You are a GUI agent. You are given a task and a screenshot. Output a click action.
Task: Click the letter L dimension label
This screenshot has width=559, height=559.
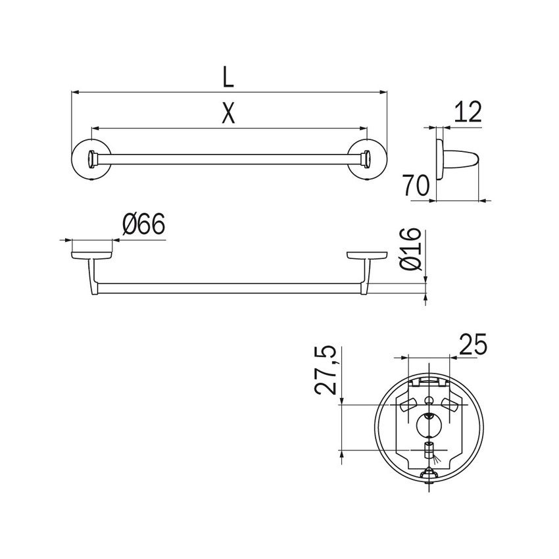pyautogui.click(x=228, y=77)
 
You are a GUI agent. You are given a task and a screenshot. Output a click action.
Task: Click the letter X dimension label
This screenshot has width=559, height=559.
pyautogui.click(x=228, y=112)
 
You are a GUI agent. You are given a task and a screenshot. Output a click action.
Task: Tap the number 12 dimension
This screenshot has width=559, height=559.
pyautogui.click(x=467, y=112)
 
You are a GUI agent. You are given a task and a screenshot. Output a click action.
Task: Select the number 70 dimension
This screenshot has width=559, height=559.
pyautogui.click(x=416, y=185)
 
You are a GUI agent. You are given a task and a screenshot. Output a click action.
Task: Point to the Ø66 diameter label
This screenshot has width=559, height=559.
pyautogui.click(x=143, y=224)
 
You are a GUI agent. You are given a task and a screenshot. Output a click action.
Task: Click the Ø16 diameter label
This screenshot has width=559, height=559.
pyautogui.click(x=410, y=249)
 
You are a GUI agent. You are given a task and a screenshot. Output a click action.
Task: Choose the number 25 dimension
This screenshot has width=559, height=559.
pyautogui.click(x=472, y=345)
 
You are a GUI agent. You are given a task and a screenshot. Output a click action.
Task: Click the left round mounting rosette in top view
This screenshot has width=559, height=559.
pyautogui.click(x=91, y=159)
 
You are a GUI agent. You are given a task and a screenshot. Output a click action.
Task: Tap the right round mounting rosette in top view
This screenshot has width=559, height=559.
pyautogui.click(x=367, y=159)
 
